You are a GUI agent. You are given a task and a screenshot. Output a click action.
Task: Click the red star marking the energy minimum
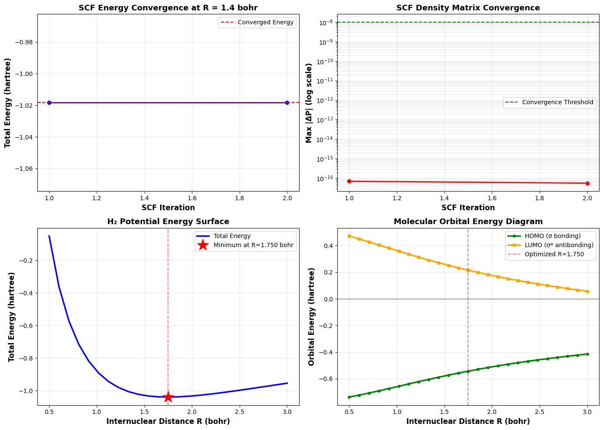tap(168, 397)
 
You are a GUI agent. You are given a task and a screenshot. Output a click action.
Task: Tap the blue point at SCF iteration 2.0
tap(287, 103)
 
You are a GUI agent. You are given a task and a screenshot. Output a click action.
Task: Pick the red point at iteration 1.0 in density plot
tap(349, 181)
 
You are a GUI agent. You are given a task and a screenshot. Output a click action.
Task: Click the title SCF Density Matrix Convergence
tap(468, 8)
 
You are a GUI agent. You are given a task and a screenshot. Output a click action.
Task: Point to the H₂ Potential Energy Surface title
tap(168, 222)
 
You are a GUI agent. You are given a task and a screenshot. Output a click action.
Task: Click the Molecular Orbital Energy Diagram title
tap(468, 222)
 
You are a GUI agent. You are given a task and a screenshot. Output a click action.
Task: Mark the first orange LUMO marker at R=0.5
tap(349, 236)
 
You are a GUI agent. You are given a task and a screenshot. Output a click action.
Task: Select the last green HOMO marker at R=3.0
tap(587, 354)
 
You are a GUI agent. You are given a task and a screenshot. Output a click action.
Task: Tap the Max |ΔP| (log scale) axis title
tap(309, 103)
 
